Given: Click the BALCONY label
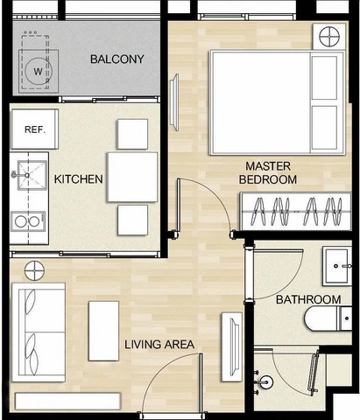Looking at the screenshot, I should click(x=116, y=59).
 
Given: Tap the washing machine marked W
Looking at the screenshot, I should click(x=37, y=70).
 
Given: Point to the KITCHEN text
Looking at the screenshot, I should click(x=79, y=179).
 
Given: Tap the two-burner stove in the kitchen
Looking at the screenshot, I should click(x=27, y=221).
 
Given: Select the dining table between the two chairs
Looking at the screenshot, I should click(x=131, y=177).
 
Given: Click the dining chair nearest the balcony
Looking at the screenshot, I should click(x=132, y=133).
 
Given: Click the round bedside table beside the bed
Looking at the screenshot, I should click(x=328, y=37).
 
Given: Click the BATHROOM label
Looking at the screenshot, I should click(x=303, y=300).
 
